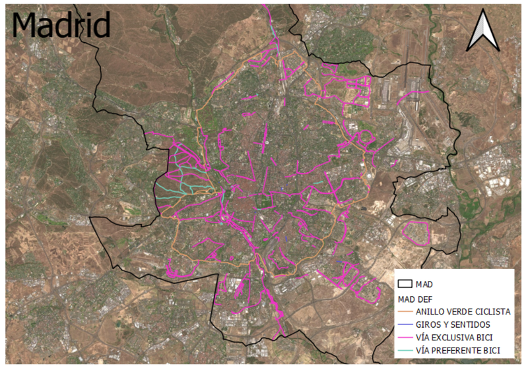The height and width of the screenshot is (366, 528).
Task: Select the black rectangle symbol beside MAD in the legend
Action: point(405,284)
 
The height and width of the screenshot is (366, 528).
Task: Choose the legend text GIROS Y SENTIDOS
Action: point(453,325)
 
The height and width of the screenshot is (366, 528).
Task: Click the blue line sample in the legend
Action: point(405,325)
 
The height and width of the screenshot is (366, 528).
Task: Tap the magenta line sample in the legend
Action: point(405,338)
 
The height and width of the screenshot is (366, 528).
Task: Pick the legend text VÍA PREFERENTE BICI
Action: point(459,350)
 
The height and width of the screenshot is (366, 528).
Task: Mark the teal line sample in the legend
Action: point(405,350)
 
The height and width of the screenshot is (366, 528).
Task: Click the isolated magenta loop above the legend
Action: point(417,232)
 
